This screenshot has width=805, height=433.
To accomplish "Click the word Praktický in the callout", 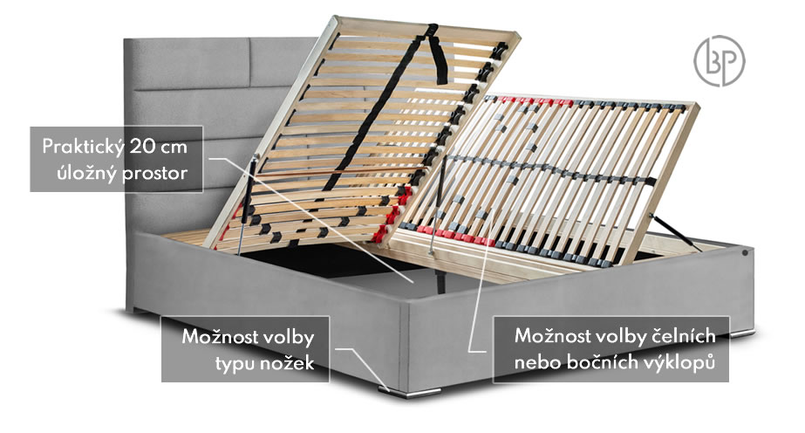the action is click(83, 147).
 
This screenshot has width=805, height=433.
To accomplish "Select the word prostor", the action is click(154, 174).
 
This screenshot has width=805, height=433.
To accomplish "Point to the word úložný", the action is click(87, 173).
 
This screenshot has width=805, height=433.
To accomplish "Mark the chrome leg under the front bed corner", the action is click(410, 393).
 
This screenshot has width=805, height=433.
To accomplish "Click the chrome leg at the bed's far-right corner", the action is click(742, 333).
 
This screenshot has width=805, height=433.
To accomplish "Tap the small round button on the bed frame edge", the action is click(745, 252).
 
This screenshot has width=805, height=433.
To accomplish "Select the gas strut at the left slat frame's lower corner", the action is click(248, 204).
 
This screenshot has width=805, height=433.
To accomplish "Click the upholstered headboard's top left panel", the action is click(187, 64).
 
